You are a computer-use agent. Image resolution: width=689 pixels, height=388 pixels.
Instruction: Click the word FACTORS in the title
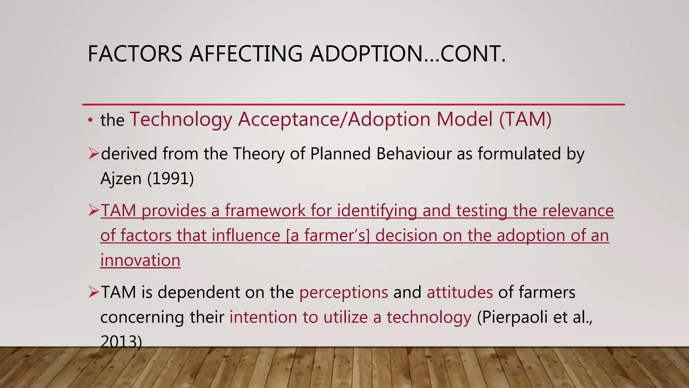tap(135, 54)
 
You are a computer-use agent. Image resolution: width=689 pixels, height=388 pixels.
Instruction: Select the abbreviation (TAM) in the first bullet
tap(525, 119)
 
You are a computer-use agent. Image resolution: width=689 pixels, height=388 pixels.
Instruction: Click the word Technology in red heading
tap(181, 119)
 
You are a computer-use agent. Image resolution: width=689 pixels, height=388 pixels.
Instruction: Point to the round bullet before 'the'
tap(90, 121)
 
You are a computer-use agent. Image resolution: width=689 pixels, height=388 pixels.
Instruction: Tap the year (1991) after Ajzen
tap(171, 179)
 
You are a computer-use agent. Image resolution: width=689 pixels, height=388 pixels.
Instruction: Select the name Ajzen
tap(121, 179)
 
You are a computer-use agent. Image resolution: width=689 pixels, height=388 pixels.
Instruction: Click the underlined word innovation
tap(140, 260)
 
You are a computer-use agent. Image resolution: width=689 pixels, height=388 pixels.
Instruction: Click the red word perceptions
tap(343, 292)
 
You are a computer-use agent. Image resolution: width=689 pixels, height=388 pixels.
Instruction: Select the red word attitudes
tap(460, 292)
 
